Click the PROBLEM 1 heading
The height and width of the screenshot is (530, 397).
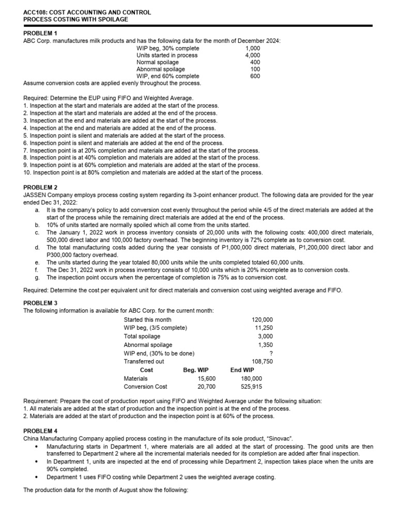[41, 34]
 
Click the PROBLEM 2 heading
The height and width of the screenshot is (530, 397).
[41, 187]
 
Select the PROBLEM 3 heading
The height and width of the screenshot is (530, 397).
[41, 303]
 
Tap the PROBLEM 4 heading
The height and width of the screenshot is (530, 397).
[41, 431]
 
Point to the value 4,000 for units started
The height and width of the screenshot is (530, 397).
[253, 55]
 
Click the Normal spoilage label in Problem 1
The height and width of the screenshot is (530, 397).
[158, 62]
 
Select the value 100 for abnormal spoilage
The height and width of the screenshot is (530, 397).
[255, 69]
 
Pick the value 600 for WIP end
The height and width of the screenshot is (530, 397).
[255, 76]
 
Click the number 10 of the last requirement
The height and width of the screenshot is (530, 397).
[27, 172]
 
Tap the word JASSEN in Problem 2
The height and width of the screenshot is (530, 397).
[36, 195]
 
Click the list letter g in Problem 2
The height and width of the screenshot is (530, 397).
[37, 277]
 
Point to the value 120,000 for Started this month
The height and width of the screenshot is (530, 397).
[262, 320]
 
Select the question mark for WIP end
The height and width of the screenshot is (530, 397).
[271, 354]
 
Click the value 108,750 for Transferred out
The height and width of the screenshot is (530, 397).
[262, 361]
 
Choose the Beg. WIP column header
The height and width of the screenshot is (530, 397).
[196, 370]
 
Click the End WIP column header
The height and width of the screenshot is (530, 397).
[242, 370]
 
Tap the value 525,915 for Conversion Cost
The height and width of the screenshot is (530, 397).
[251, 386]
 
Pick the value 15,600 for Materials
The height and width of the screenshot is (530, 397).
[207, 378]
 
